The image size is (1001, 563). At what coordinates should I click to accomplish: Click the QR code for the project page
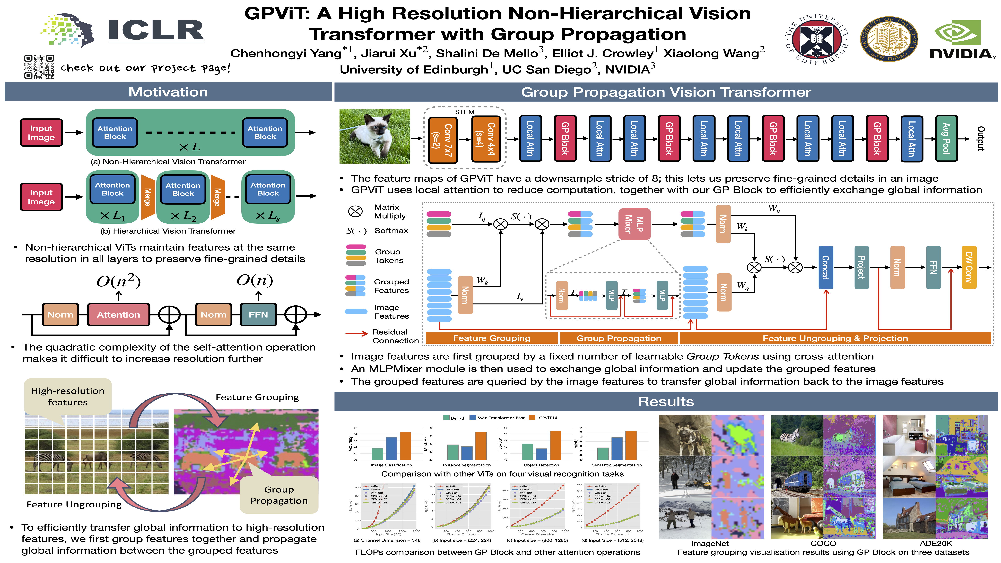39,67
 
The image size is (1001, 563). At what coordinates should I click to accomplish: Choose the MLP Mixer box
634,224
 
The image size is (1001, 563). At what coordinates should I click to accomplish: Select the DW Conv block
968,267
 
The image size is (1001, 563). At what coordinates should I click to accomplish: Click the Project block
861,267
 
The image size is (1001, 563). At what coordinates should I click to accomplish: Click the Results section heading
666,401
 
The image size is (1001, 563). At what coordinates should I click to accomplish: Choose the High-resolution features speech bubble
68,396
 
